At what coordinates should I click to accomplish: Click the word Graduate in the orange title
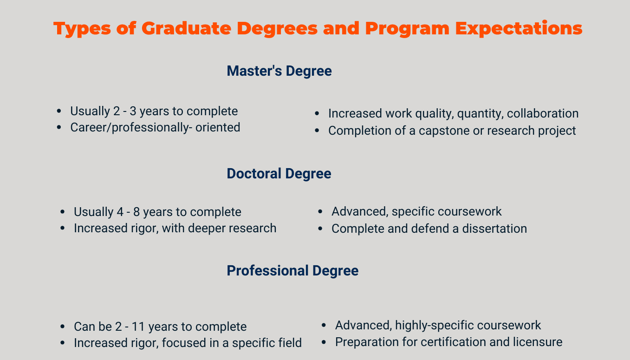[x=186, y=28]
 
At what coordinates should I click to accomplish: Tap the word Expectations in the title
[x=519, y=29]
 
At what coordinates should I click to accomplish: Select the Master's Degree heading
[x=279, y=71]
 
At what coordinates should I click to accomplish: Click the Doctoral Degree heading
[x=279, y=174]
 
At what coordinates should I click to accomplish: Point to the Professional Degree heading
[x=292, y=271]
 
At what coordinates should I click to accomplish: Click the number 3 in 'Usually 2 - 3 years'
[x=133, y=111]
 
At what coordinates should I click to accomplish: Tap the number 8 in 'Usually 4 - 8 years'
[x=136, y=212]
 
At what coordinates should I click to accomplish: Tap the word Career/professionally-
[x=131, y=128]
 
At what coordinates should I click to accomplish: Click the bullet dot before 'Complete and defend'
[x=320, y=229]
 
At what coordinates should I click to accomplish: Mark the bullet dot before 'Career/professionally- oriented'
[x=59, y=127]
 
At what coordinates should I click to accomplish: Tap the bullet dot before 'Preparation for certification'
[x=324, y=342]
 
